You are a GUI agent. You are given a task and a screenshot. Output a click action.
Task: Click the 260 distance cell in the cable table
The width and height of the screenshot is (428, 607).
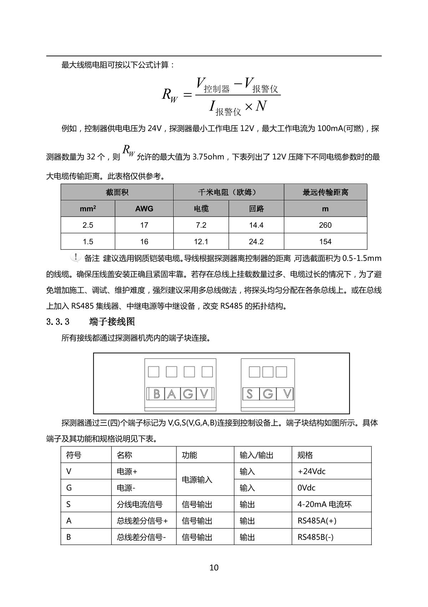tap(325, 225)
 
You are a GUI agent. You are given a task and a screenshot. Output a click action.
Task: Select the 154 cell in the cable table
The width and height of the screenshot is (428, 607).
tap(325, 241)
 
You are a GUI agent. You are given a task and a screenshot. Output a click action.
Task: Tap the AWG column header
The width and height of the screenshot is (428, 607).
tap(144, 209)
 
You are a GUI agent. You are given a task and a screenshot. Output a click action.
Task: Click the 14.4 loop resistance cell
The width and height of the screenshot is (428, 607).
tap(256, 225)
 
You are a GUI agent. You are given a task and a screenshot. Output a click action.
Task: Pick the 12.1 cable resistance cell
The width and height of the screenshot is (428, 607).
tap(201, 241)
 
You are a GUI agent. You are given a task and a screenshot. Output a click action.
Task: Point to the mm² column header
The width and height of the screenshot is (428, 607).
tap(88, 209)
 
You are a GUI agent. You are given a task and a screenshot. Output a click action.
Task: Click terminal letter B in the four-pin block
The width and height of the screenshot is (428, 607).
tap(156, 394)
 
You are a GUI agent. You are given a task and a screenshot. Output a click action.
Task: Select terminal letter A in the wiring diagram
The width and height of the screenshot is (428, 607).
tap(172, 394)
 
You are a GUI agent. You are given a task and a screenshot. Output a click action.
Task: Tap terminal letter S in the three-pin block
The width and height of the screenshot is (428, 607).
tap(250, 394)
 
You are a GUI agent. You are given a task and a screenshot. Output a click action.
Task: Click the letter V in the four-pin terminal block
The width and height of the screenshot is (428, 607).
tap(204, 394)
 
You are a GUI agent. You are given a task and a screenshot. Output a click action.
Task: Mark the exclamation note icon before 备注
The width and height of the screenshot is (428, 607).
tap(76, 257)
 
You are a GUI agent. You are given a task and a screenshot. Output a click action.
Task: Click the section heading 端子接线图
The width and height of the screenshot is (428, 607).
tap(112, 322)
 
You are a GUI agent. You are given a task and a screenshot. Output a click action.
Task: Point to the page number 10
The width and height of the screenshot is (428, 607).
tap(214, 567)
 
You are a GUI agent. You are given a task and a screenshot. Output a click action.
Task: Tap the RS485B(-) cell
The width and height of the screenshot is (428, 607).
tap(315, 537)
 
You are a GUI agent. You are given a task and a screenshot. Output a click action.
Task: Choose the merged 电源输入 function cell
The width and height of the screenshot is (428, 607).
tap(197, 480)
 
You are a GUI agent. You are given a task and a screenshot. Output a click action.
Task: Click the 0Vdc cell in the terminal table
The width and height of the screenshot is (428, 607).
tap(306, 488)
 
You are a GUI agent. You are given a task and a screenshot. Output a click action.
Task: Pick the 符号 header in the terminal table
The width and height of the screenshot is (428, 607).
tap(74, 455)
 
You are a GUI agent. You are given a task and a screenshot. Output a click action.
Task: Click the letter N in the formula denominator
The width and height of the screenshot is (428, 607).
tap(261, 106)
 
